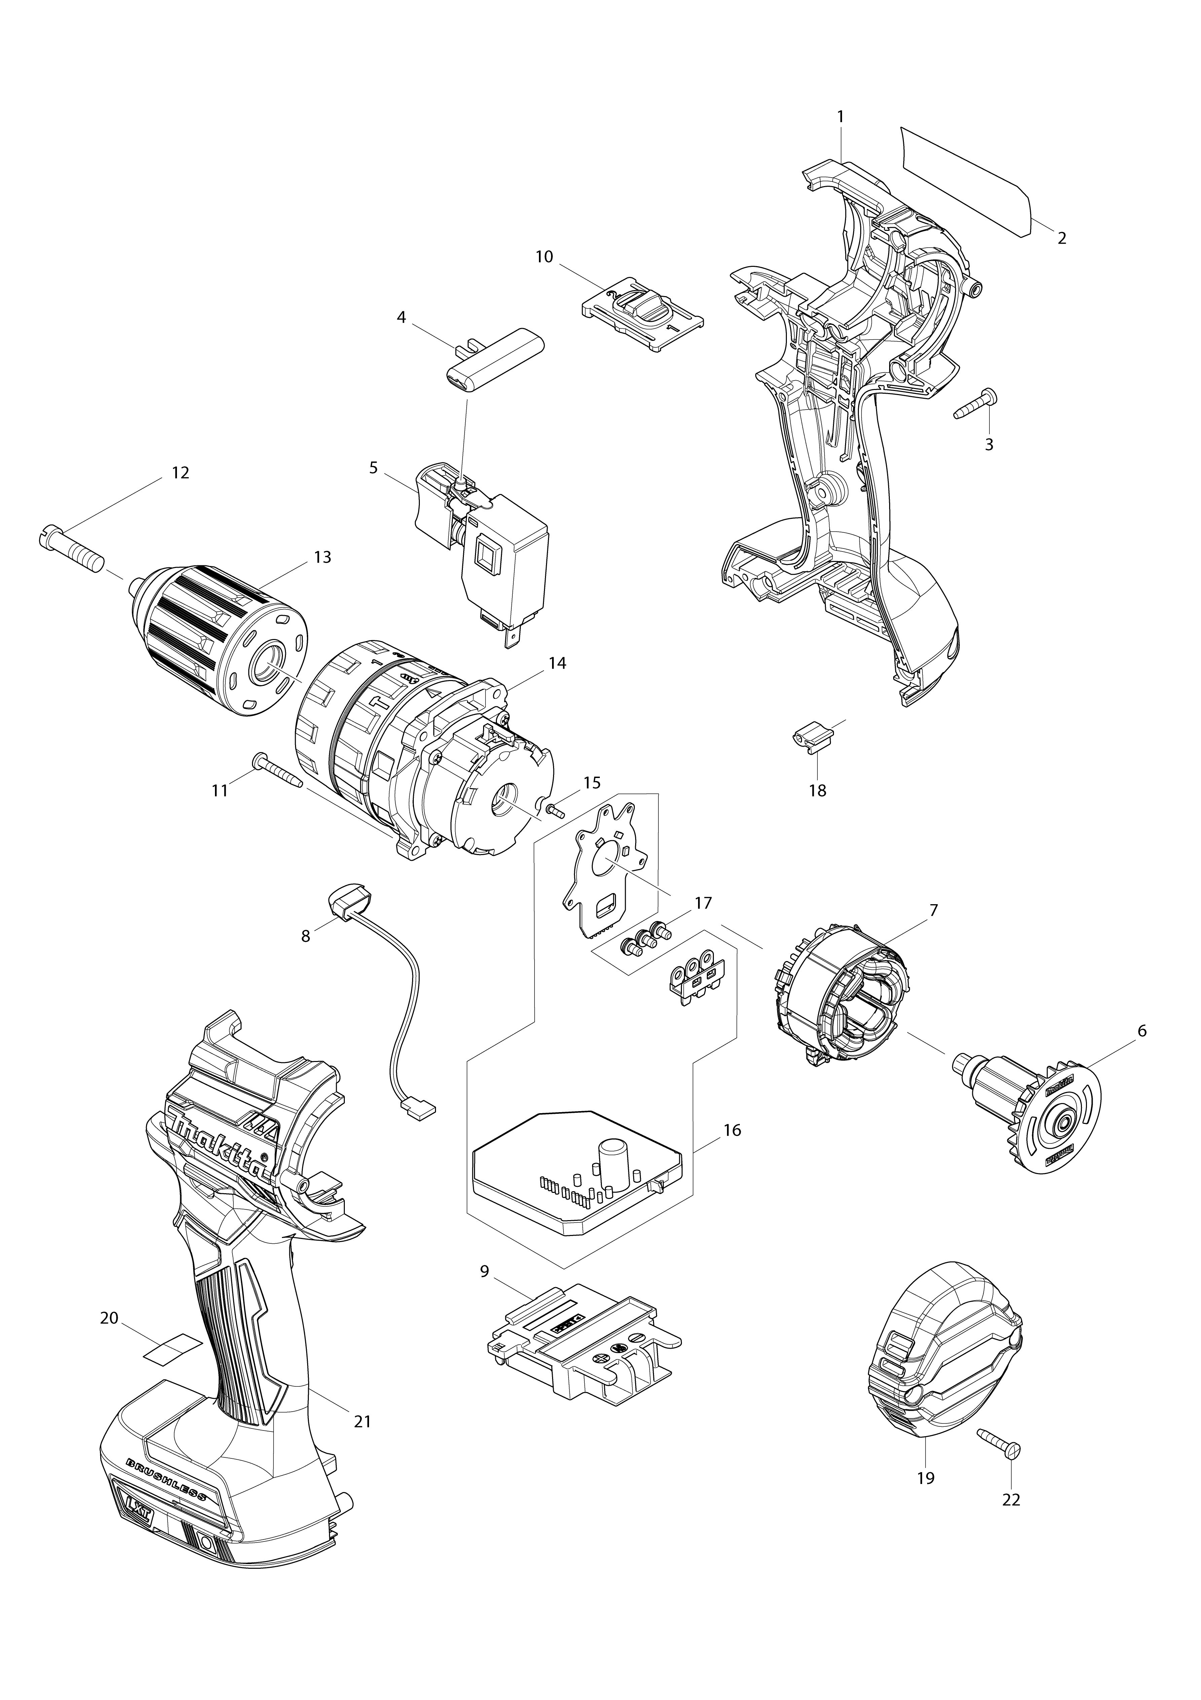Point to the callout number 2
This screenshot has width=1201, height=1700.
point(1061,239)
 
